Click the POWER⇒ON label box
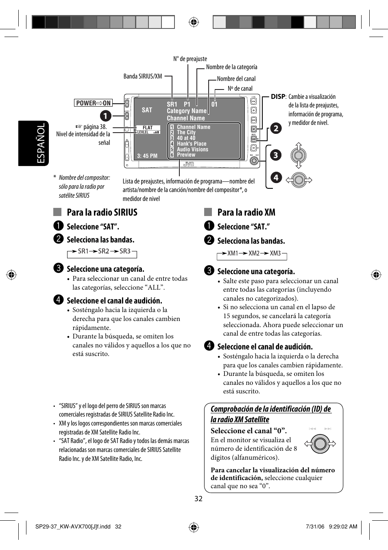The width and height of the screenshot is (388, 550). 93,103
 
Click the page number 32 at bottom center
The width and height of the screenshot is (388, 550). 198,499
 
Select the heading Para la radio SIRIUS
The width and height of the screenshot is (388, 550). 102,212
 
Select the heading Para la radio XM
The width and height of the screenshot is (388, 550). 246,212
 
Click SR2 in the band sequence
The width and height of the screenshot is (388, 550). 103,251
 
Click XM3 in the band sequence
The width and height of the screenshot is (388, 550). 275,253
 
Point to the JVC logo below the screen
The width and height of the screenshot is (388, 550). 188,164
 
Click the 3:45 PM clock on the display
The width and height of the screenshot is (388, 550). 147,156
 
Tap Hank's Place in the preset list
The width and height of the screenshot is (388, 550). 191,144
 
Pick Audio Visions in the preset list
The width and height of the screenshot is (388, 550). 192,149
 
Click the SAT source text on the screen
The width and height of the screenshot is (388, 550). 147,110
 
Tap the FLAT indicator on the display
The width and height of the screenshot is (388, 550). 148,127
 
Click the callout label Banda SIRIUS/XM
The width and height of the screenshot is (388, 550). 142,76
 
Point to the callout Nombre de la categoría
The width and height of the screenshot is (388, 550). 231,67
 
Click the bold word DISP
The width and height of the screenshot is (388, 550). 278,97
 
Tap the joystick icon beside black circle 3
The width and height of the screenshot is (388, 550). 299,155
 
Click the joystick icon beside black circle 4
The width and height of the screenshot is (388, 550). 299,179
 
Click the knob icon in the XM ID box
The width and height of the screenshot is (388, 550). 320,443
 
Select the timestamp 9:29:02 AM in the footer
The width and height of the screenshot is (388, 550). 342,526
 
